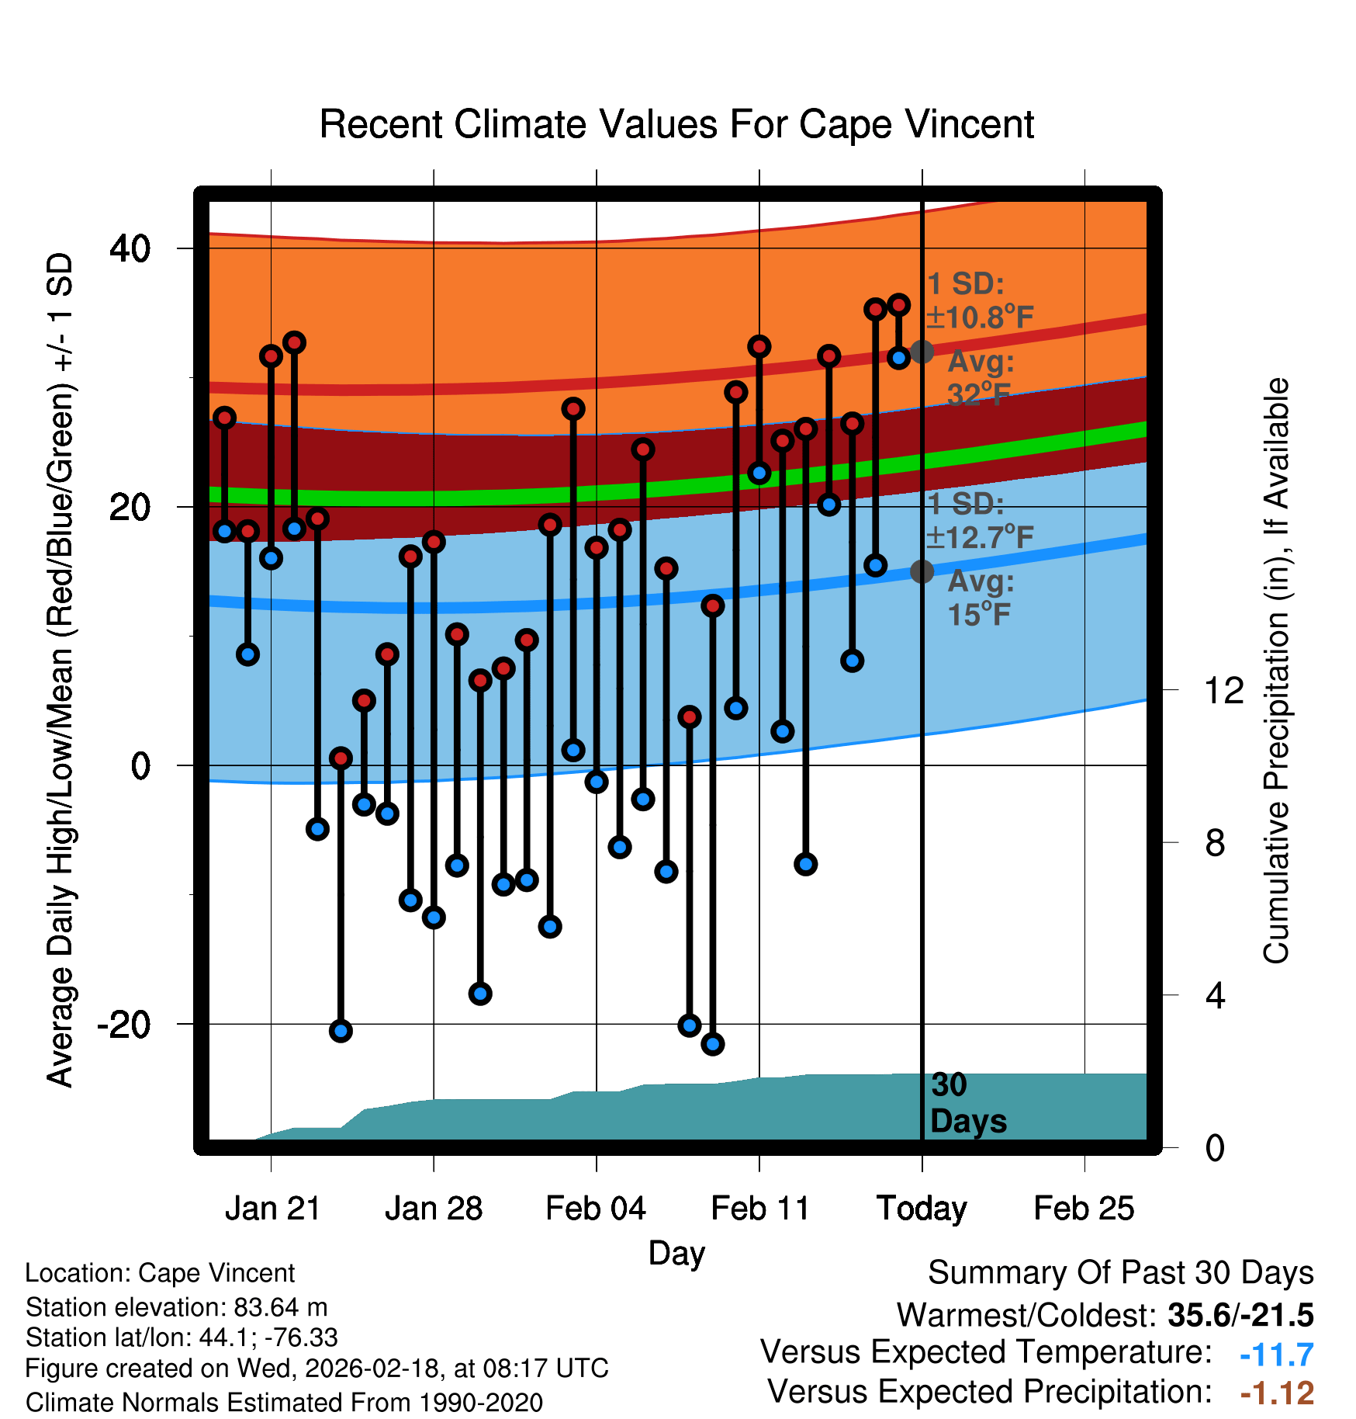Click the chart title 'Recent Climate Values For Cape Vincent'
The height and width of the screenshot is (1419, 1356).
click(x=676, y=125)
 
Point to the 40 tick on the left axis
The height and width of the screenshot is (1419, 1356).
click(x=130, y=249)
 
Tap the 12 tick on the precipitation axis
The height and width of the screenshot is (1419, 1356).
click(x=1223, y=690)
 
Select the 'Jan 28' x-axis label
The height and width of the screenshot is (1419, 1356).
click(x=434, y=1209)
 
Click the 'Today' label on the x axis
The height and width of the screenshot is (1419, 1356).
click(x=922, y=1209)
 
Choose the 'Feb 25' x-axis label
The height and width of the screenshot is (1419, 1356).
click(x=1084, y=1209)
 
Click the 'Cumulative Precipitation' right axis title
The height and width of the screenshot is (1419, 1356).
click(x=1276, y=671)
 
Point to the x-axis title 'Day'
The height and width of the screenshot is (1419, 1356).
click(x=676, y=1253)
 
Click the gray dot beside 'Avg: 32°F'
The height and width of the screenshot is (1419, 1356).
click(x=922, y=352)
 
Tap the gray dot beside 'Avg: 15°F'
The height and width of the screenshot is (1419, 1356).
click(x=922, y=572)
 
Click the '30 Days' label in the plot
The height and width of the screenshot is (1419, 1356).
click(x=967, y=1104)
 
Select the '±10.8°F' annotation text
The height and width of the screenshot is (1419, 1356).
click(x=980, y=317)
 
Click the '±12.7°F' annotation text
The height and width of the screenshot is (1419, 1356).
click(x=980, y=536)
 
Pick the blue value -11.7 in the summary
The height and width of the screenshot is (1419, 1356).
click(x=1276, y=1355)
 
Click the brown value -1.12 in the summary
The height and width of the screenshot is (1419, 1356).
click(x=1276, y=1393)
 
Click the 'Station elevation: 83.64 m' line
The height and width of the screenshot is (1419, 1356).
click(x=177, y=1307)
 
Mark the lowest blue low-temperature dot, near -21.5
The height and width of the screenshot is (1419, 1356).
click(x=713, y=1044)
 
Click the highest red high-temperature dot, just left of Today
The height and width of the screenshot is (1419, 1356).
click(x=898, y=305)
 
